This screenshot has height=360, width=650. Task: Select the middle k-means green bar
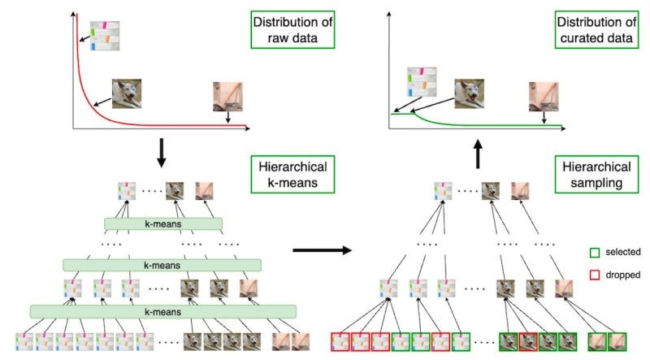point(162,265)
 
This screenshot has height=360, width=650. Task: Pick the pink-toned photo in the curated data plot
point(544,94)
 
